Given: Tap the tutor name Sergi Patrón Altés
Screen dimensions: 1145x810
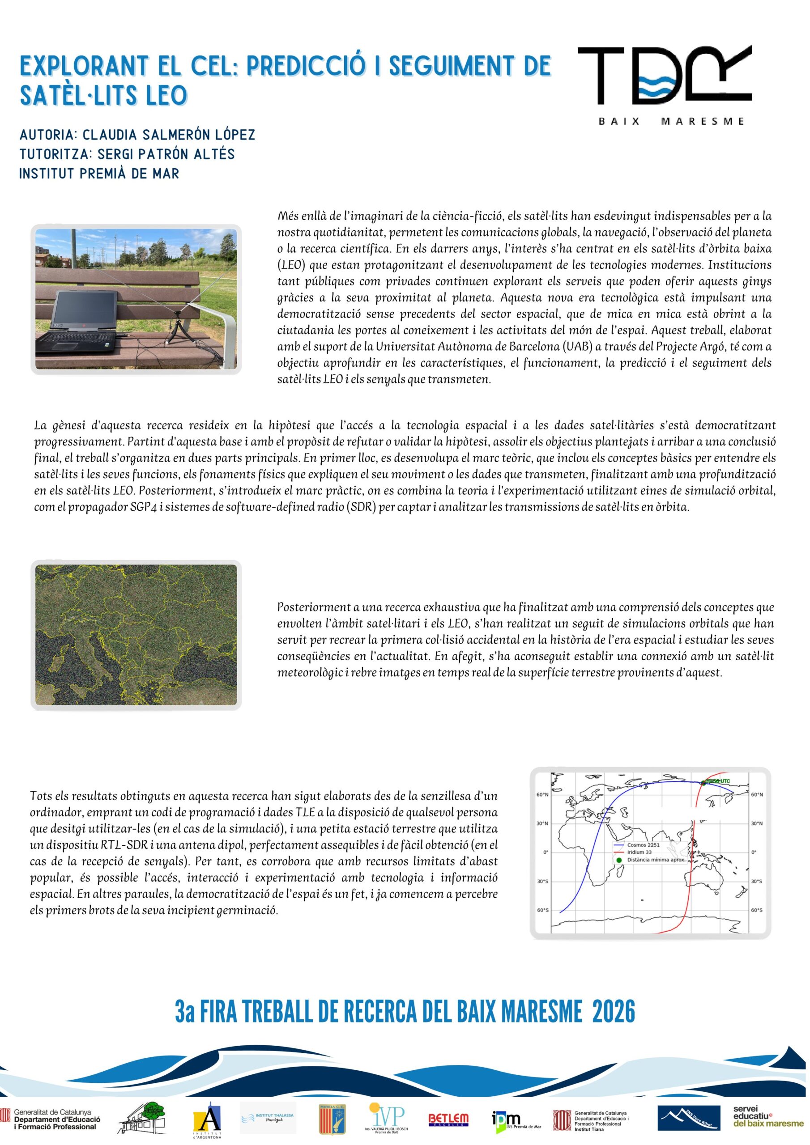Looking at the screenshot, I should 166,154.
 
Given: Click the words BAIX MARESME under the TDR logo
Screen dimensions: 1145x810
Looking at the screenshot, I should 671,121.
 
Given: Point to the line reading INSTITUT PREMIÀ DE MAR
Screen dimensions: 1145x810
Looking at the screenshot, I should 99,174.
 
